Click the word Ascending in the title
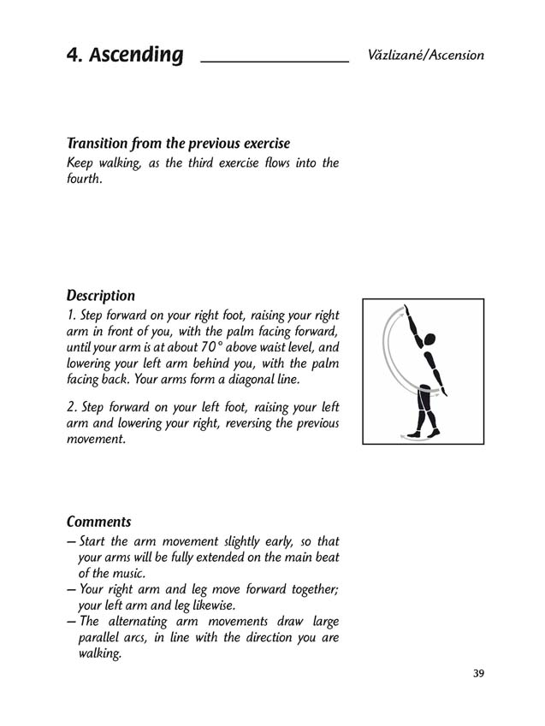(136, 56)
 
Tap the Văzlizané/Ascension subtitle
(425, 55)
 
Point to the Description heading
(101, 296)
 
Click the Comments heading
(98, 521)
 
